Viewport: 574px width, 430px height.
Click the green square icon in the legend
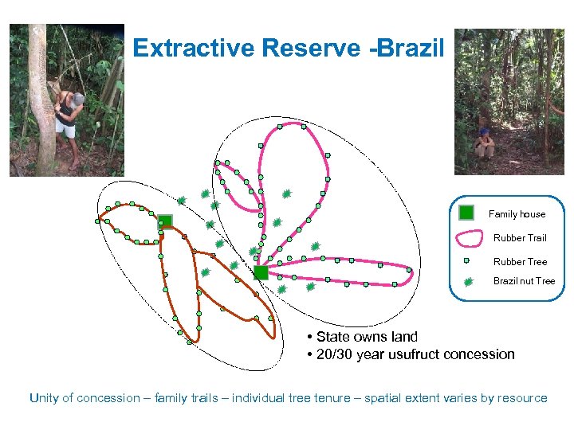(467, 213)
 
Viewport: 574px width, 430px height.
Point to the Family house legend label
(517, 214)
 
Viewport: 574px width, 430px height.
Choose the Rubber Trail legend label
(520, 238)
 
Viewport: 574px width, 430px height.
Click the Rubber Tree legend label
(520, 262)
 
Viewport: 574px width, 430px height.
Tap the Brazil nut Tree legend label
(524, 281)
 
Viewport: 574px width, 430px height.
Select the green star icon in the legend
(468, 281)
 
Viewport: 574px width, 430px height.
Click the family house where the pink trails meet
(261, 272)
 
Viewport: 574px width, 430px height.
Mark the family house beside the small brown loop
(165, 221)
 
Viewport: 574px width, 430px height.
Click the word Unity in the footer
(43, 398)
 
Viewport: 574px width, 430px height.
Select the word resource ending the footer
(522, 398)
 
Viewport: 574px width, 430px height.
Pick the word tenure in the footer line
(328, 398)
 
